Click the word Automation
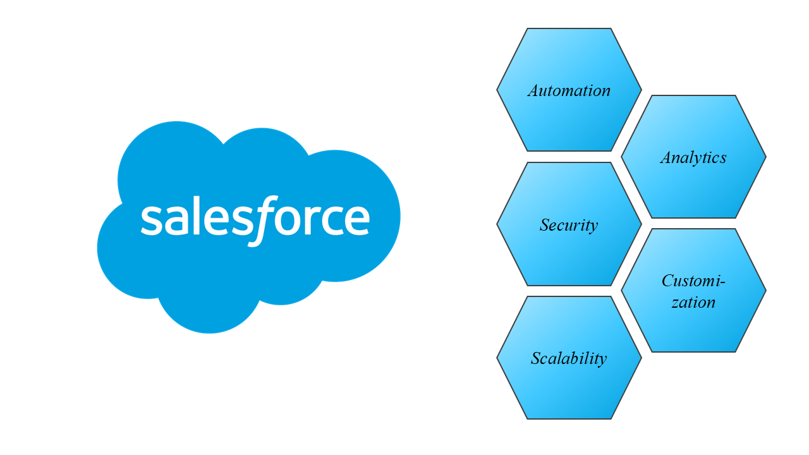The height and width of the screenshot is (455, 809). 569,90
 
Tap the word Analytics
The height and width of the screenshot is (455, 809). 693,157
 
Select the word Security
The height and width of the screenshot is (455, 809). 569,225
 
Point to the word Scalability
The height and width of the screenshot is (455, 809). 569,358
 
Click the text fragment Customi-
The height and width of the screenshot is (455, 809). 693,281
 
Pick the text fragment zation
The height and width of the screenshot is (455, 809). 693,302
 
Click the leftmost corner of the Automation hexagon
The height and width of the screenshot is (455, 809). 497,90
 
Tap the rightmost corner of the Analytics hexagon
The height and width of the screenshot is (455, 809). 766,157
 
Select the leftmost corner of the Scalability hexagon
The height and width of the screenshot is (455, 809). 497,358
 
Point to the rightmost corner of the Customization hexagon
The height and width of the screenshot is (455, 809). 766,291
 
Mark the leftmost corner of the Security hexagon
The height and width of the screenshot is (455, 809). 497,224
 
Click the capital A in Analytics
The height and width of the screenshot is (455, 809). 667,157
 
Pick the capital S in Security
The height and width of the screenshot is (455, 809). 545,225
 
